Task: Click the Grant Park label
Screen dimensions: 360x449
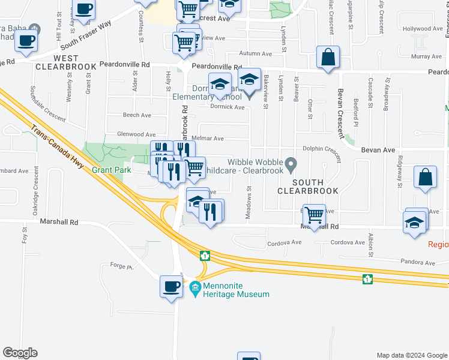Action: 111,170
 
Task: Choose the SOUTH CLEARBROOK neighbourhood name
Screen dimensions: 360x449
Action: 308,186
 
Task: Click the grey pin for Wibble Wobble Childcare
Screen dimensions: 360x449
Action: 291,163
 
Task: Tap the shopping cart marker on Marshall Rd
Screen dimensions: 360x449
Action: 314,214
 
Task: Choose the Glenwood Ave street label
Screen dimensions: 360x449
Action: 137,135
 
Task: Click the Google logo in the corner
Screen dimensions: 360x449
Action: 20,352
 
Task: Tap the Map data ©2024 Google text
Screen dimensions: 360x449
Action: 412,355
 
